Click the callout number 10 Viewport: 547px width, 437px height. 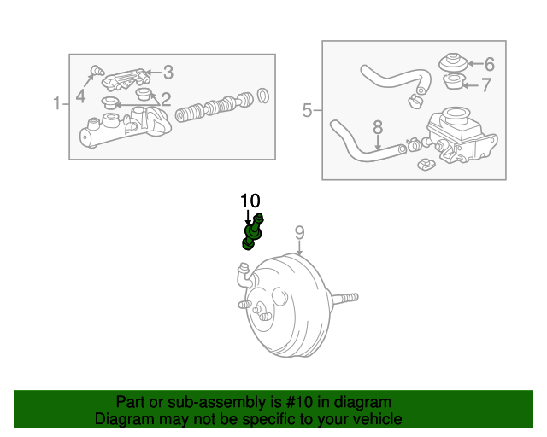coord(250,201)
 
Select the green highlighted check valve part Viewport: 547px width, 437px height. coord(253,232)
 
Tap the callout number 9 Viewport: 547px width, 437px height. coord(300,233)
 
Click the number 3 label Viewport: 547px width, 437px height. coord(168,73)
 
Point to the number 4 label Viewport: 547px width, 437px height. coord(80,96)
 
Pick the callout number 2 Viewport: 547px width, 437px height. coord(166,99)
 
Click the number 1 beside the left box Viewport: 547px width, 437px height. coord(57,103)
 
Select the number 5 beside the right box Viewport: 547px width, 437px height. coord(307,110)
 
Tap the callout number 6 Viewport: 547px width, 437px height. coord(490,64)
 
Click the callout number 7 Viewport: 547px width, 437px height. coord(486,84)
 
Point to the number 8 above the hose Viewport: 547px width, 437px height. coord(378,127)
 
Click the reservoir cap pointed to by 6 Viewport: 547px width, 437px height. coord(453,62)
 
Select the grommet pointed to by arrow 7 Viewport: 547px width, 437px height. coord(453,82)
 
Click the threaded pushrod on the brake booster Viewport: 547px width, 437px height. coord(344,298)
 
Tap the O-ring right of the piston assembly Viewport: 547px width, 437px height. coord(263,96)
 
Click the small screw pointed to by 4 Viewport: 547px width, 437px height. coord(97,70)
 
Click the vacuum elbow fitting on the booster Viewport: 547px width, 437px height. coord(245,276)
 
